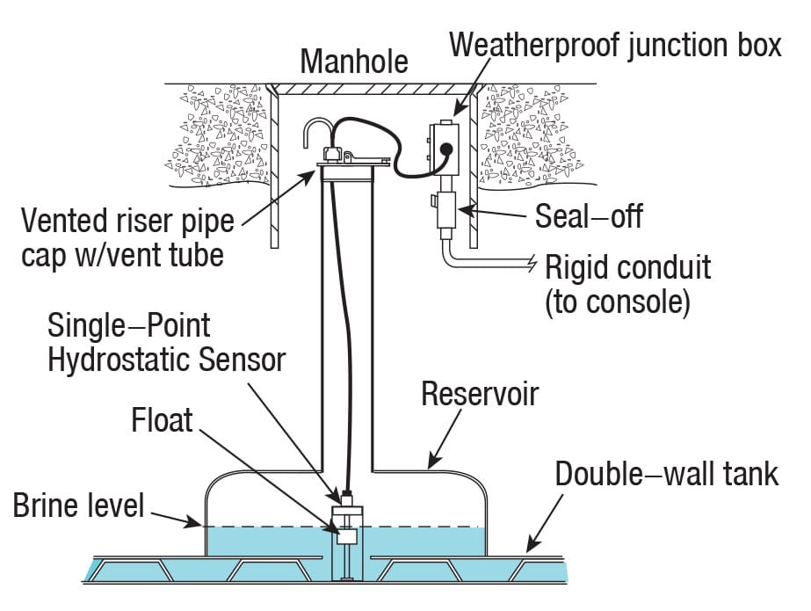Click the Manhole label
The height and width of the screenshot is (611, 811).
tap(354, 61)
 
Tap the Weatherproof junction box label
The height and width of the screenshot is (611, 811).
tap(615, 45)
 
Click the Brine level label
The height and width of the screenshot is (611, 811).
tap(78, 506)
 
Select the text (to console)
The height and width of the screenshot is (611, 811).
tap(618, 302)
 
